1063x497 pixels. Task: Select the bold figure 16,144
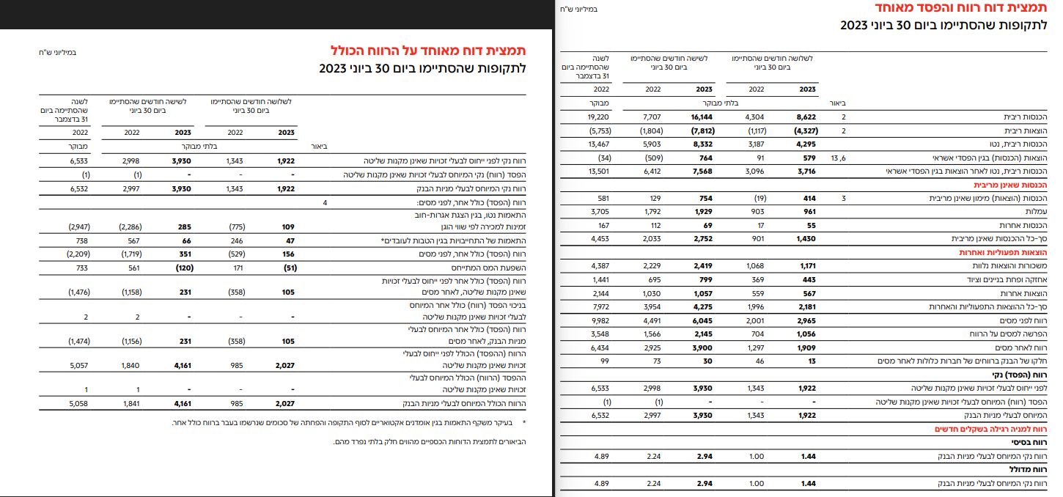tap(702, 117)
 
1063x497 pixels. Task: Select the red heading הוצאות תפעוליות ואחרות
tap(1011, 252)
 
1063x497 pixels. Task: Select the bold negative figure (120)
tap(180, 268)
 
